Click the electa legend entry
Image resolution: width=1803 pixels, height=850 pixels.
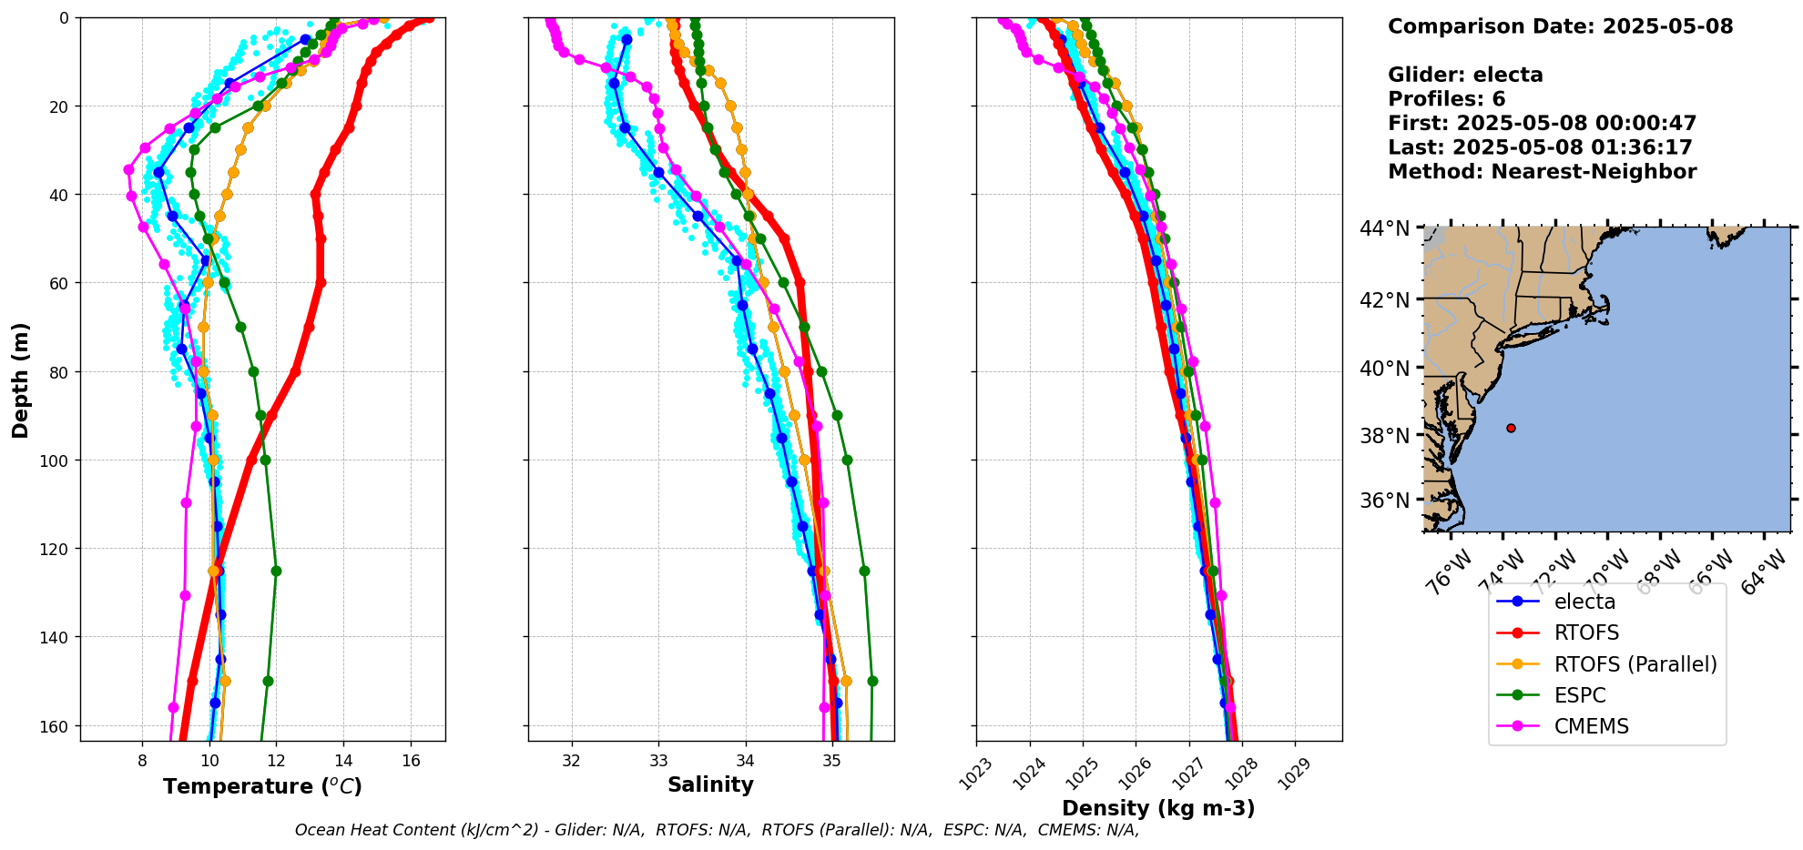click(x=1584, y=602)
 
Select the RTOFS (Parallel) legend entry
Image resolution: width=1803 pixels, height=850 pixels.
click(x=1635, y=664)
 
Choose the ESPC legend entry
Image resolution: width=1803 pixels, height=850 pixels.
click(x=1580, y=695)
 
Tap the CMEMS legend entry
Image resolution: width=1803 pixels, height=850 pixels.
click(x=1591, y=726)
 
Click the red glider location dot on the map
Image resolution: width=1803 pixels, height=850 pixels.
click(x=1511, y=428)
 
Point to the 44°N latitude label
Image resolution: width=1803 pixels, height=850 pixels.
click(x=1384, y=228)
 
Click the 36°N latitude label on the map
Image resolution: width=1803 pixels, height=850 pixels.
click(x=1384, y=501)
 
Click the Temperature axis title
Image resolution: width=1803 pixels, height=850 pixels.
click(x=262, y=786)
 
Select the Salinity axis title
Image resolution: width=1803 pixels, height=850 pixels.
click(x=710, y=784)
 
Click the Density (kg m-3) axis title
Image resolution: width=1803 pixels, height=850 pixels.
click(x=1158, y=808)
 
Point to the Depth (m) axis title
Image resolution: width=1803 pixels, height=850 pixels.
click(x=20, y=379)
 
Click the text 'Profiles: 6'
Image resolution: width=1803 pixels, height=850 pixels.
click(x=1446, y=99)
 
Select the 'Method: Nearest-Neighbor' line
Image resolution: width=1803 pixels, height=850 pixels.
click(x=1542, y=172)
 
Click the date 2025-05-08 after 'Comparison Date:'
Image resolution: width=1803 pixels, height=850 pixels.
click(x=1667, y=26)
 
